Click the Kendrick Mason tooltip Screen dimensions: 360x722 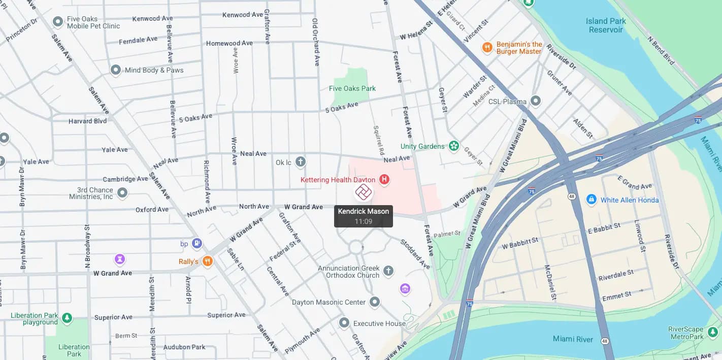pyautogui.click(x=363, y=216)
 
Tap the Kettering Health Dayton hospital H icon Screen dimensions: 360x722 pyautogui.click(x=384, y=179)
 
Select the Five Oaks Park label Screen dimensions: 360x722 pyautogui.click(x=352, y=88)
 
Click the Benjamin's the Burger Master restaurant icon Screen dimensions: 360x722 pyautogui.click(x=487, y=48)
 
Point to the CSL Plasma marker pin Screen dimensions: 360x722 pyautogui.click(x=536, y=101)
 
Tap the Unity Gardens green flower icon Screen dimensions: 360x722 pyautogui.click(x=453, y=146)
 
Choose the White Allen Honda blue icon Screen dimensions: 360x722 pyautogui.click(x=591, y=200)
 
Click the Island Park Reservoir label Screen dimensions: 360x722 pyautogui.click(x=606, y=25)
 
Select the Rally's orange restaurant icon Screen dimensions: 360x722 pyautogui.click(x=207, y=261)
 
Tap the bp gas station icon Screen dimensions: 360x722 pyautogui.click(x=197, y=244)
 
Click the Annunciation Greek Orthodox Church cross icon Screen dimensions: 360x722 pyautogui.click(x=388, y=271)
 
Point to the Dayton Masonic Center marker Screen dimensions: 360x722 pyautogui.click(x=375, y=302)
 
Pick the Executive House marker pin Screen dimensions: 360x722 pyautogui.click(x=344, y=323)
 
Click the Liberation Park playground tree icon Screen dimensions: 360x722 pyautogui.click(x=67, y=318)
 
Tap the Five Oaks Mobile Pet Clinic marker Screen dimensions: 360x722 pyautogui.click(x=58, y=22)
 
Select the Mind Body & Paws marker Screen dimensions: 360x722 pyautogui.click(x=116, y=70)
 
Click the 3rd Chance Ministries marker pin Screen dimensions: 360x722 pyautogui.click(x=122, y=193)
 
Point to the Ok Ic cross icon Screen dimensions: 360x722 pyautogui.click(x=301, y=162)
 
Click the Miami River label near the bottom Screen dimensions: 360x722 pyautogui.click(x=573, y=339)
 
